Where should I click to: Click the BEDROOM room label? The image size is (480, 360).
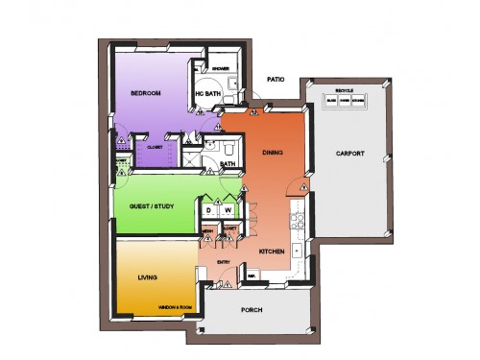(x=144, y=93)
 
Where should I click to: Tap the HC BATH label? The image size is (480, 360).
(x=208, y=93)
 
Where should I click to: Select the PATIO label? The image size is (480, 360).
(x=276, y=81)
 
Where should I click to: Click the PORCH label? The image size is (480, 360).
(x=252, y=310)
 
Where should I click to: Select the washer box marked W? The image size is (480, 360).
(x=228, y=210)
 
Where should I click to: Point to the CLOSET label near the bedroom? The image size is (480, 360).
(x=154, y=148)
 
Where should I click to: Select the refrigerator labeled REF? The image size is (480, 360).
(x=252, y=276)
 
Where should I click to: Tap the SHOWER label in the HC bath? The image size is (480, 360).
(x=219, y=69)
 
